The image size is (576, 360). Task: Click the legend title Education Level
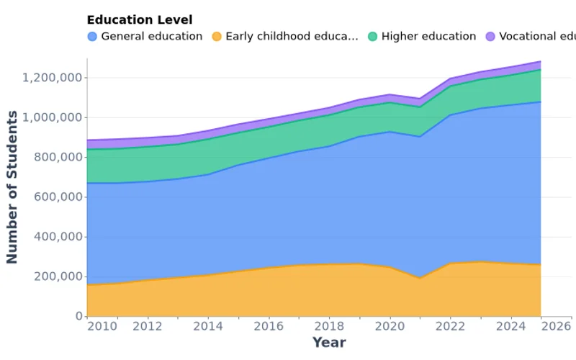coord(139,20)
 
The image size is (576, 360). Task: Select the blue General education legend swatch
coord(92,37)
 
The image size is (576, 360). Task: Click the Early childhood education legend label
coord(292,37)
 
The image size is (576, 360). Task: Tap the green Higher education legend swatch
coord(372,37)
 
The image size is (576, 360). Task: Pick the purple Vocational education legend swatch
coord(490,37)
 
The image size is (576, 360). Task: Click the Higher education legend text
coord(428,37)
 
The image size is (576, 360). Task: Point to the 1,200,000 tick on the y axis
coord(53,78)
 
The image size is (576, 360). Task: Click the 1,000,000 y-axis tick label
coord(53,117)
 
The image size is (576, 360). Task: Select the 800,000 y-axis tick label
coord(58,157)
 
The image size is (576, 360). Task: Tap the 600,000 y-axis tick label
coord(58,197)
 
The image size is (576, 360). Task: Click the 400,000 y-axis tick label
coord(58,237)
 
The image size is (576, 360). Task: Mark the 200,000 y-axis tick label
coord(58,276)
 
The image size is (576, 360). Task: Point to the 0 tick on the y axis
coord(79,316)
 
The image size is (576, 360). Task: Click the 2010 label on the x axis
coord(102,326)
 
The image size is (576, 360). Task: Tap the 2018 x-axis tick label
coord(328,326)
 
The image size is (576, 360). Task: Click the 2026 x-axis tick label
coord(555,326)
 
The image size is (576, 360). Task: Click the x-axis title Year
coord(328,343)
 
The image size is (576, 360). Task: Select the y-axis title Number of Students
coord(12,187)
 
